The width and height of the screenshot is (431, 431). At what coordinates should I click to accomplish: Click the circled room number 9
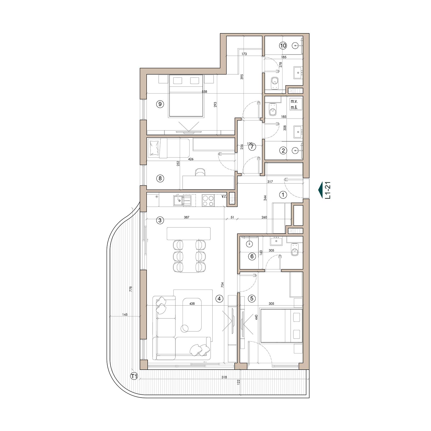tap(160, 104)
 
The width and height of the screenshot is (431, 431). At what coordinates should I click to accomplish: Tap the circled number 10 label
tap(283, 46)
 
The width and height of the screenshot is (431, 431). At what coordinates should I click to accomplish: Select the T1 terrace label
tap(134, 376)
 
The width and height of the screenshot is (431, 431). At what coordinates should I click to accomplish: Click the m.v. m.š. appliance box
tap(295, 105)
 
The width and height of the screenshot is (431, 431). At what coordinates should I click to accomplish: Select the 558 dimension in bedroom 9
tap(204, 92)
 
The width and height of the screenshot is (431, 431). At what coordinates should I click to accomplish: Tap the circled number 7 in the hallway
tap(252, 147)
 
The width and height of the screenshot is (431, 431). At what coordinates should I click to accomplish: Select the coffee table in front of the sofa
tap(192, 314)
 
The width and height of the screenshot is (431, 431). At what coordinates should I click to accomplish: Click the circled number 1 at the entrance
tap(283, 194)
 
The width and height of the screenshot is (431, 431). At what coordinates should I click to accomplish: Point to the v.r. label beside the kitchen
tap(224, 196)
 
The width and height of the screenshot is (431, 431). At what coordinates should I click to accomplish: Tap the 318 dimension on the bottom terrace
tap(224, 377)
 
